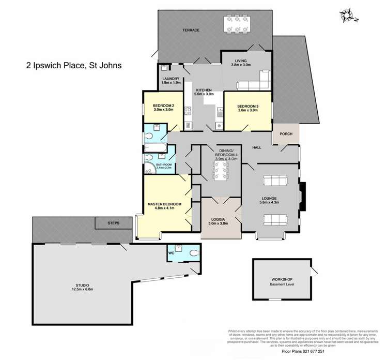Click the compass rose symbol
346,16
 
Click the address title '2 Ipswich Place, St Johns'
73,66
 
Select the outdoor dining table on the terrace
237,25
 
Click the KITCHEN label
203,90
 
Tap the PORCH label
286,134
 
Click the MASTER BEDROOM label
164,204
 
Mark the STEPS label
113,223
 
